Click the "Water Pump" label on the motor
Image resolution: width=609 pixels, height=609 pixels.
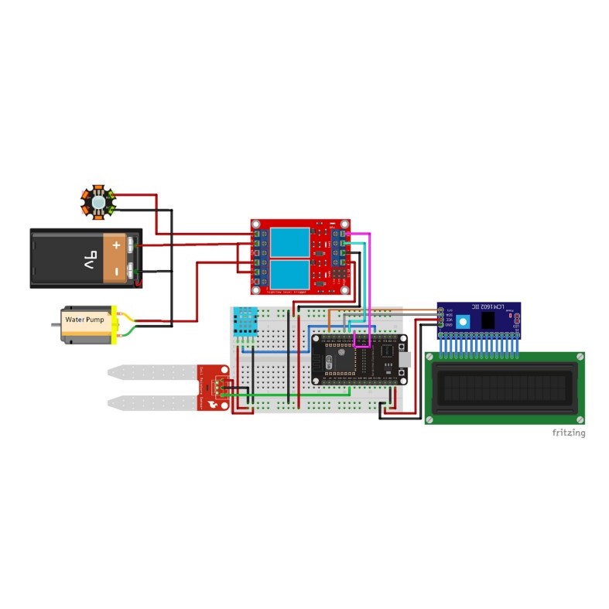(x=84, y=320)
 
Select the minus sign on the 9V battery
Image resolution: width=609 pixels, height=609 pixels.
(x=116, y=272)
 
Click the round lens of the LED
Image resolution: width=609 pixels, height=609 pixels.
(x=98, y=202)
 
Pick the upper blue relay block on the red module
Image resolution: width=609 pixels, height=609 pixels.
(x=290, y=242)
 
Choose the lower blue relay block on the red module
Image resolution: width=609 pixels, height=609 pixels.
(x=290, y=275)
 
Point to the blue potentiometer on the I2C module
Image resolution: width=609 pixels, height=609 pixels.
(x=464, y=320)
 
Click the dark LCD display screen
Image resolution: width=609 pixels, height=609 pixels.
(x=505, y=387)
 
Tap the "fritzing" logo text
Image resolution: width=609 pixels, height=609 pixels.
(x=568, y=433)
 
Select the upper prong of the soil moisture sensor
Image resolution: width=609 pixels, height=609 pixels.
(x=155, y=373)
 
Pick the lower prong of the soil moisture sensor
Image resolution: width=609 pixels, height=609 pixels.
(x=155, y=402)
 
